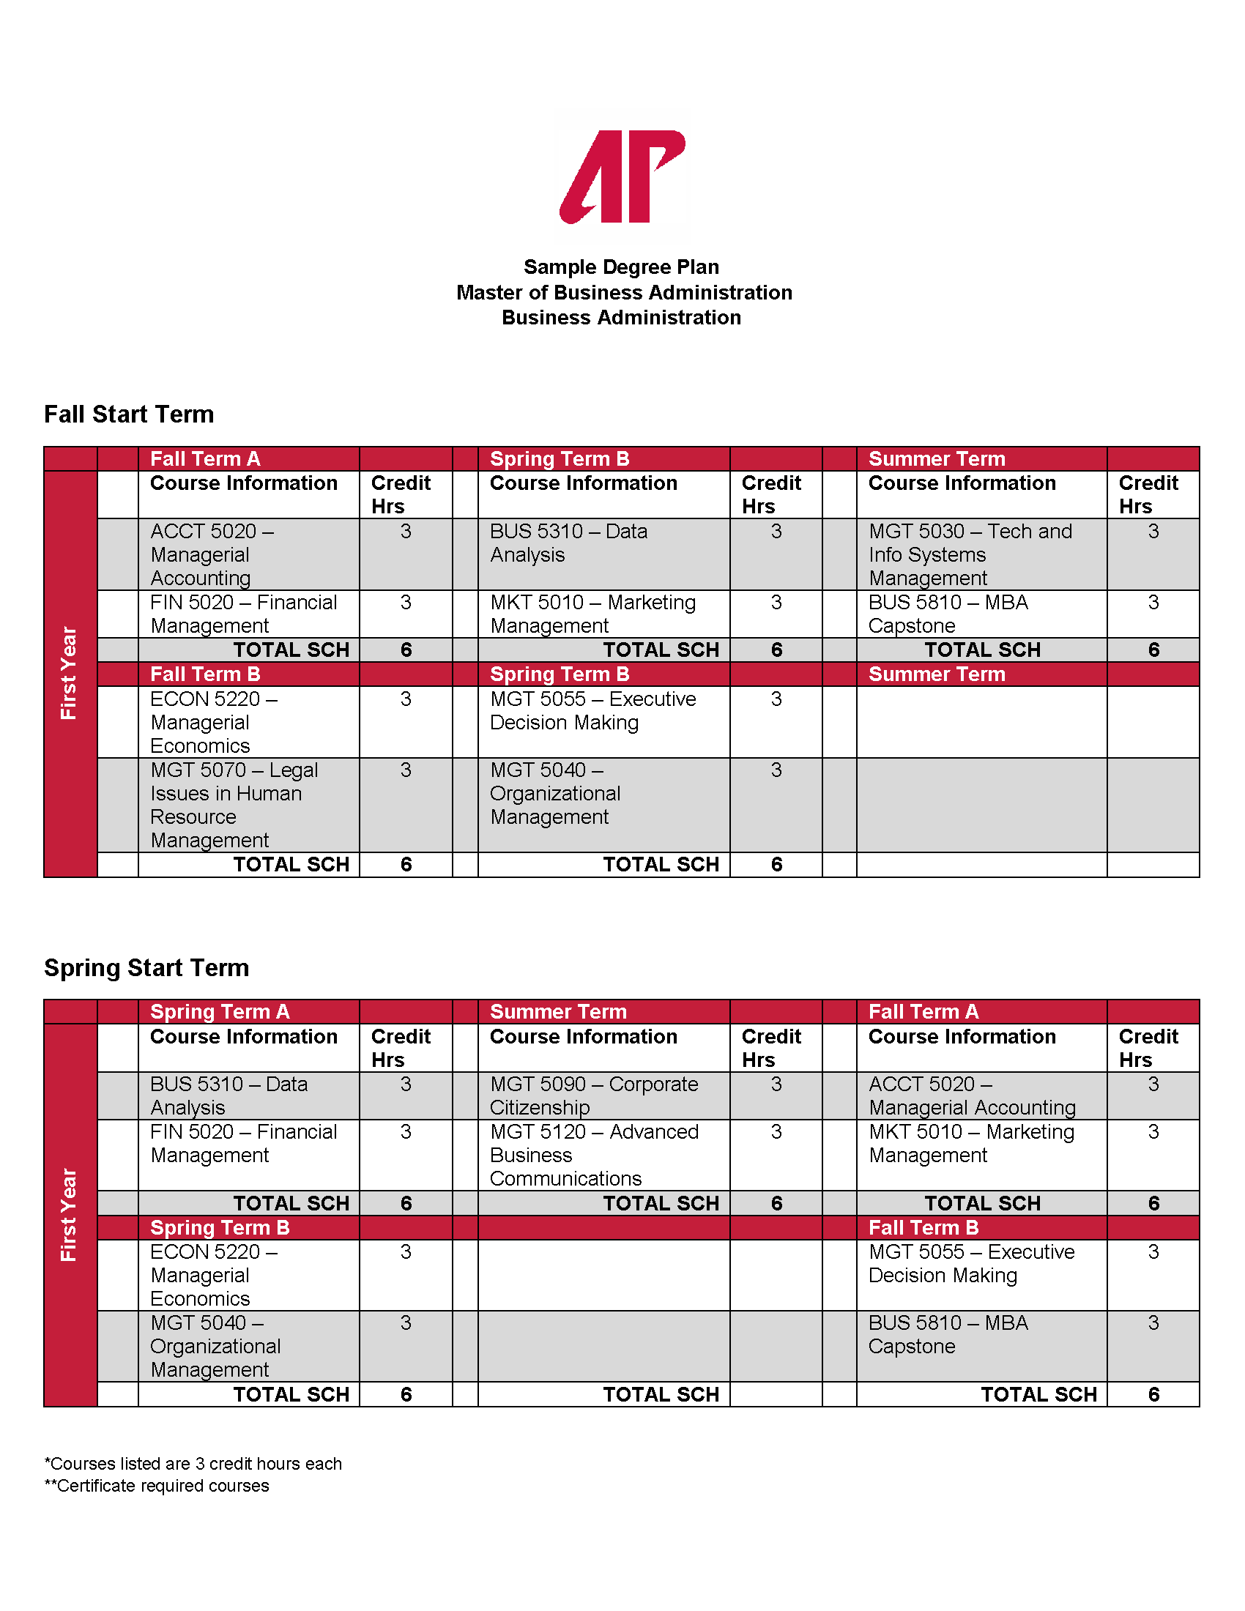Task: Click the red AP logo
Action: coord(622,176)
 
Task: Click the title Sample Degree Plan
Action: coord(621,267)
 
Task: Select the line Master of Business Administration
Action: coord(624,293)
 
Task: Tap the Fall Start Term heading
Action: coord(129,414)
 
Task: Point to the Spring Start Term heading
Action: coord(146,968)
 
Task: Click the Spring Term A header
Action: coord(220,1011)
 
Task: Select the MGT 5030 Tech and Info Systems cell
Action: coord(970,554)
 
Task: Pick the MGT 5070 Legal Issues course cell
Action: coord(234,805)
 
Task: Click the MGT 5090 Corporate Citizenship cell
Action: coord(594,1095)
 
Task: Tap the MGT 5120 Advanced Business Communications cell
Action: coord(594,1154)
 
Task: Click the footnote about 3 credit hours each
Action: coord(193,1464)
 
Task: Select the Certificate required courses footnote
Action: coord(157,1486)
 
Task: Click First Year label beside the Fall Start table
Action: coord(69,673)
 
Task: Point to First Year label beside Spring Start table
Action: coord(69,1214)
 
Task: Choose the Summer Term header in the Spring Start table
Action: coord(558,1011)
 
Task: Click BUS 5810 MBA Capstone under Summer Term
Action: coord(948,614)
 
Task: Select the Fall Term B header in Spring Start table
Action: coord(923,1227)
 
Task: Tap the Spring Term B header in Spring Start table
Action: coord(220,1227)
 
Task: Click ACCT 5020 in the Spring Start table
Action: coord(971,1095)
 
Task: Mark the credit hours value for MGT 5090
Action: coord(776,1084)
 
